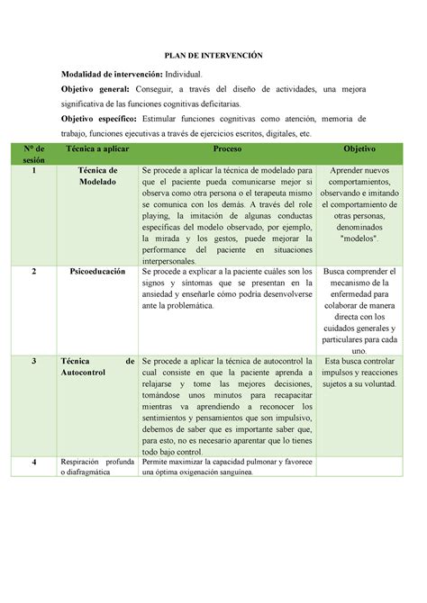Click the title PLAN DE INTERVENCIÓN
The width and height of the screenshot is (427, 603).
tap(213, 54)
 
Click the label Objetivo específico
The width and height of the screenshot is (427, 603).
tap(99, 119)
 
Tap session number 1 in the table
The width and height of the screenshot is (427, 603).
tap(33, 170)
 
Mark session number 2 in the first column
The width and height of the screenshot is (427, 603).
tap(33, 271)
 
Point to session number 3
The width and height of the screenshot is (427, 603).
tap(33, 361)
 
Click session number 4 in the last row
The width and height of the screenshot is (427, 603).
tap(33, 463)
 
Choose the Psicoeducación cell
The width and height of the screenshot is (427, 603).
tap(98, 271)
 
